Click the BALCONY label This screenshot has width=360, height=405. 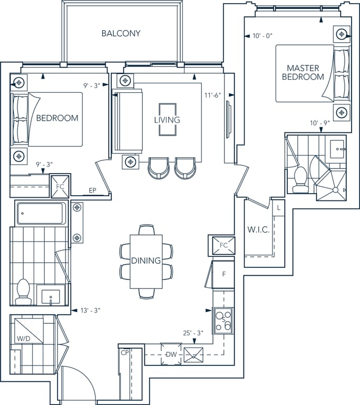click(121, 33)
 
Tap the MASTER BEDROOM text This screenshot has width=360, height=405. click(303, 72)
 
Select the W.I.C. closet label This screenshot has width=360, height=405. click(258, 229)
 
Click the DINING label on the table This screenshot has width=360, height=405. click(146, 261)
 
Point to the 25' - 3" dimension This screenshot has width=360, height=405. click(193, 333)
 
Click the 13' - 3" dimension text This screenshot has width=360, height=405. click(90, 310)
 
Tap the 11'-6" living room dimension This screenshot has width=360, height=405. click(213, 95)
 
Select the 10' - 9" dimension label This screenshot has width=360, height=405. click(320, 123)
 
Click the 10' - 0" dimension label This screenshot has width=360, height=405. click(262, 36)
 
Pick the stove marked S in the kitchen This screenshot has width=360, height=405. click(223, 321)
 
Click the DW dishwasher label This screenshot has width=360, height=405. click(171, 354)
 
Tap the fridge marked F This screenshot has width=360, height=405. click(223, 274)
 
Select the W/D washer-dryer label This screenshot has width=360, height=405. click(24, 339)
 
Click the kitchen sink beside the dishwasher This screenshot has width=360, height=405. click(193, 354)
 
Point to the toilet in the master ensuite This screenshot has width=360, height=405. click(301, 179)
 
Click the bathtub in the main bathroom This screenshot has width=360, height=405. click(41, 214)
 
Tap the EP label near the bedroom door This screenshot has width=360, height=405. click(92, 190)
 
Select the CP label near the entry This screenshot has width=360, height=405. click(125, 353)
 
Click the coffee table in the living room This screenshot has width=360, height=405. click(168, 120)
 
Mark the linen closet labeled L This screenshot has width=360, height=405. click(278, 208)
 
